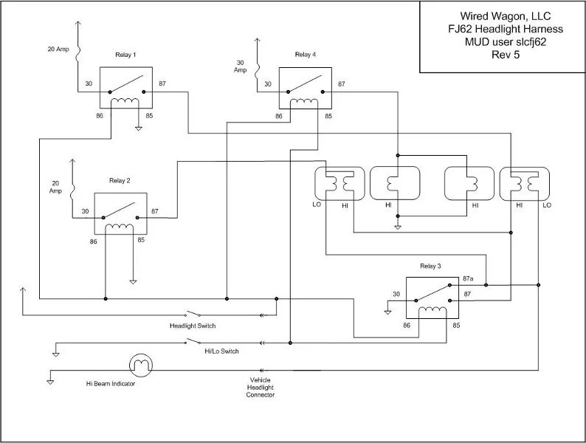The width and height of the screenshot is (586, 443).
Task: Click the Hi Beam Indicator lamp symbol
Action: (x=140, y=365)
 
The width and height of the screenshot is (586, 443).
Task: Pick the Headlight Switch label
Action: (x=192, y=326)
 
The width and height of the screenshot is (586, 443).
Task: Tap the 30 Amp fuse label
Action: (x=241, y=66)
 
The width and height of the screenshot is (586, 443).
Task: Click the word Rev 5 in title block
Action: (x=505, y=55)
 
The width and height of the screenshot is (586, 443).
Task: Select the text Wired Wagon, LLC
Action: (x=505, y=16)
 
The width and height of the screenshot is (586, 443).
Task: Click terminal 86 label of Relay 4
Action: (x=279, y=116)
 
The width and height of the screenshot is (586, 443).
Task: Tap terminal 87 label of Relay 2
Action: (x=155, y=211)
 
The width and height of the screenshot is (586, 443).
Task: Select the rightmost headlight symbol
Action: (x=525, y=185)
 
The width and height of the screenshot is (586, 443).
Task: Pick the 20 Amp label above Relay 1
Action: (x=57, y=49)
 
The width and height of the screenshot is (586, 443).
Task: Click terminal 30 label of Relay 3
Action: (x=396, y=295)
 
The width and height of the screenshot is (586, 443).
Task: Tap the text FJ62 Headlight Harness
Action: (x=505, y=29)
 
